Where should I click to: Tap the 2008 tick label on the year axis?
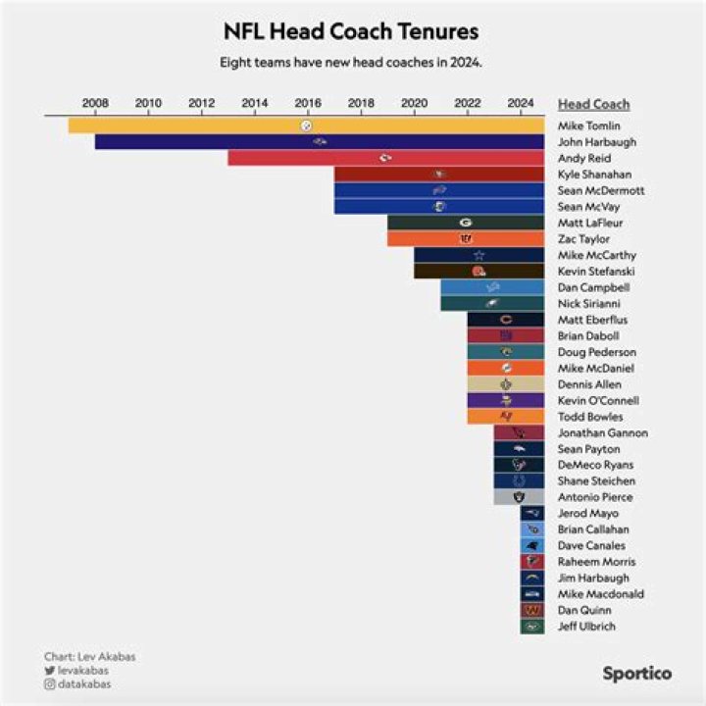point(95,103)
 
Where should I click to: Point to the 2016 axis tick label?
point(308,103)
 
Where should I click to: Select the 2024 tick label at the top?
point(521,103)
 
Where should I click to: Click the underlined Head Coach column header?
point(593,104)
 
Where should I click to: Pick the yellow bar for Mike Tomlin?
point(196,126)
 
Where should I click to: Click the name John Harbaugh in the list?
point(596,142)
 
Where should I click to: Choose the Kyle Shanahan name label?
point(596,175)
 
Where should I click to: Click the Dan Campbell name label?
point(593,287)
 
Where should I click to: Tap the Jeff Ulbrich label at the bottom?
point(585,627)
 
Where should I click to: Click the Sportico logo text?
point(636,674)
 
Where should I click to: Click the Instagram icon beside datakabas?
point(49,683)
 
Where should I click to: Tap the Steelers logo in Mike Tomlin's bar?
point(307,126)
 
